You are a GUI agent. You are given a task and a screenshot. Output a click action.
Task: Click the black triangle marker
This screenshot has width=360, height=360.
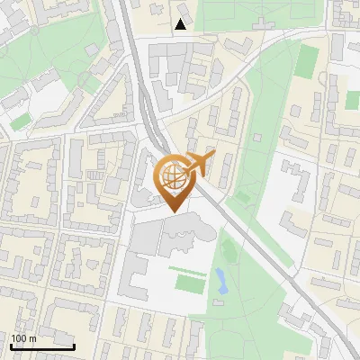pyautogui.click(x=181, y=24)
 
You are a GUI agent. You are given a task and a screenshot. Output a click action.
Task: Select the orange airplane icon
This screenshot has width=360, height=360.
pyautogui.click(x=200, y=165)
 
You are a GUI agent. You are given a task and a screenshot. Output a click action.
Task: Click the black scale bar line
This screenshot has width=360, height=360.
pyautogui.click(x=42, y=346)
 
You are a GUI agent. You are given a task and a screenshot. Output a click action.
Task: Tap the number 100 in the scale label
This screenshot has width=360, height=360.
pyautogui.click(x=21, y=338)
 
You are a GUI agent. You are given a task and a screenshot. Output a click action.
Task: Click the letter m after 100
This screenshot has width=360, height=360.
pyautogui.click(x=33, y=338)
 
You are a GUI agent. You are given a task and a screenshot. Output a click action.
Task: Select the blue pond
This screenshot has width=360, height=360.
pyautogui.click(x=220, y=280)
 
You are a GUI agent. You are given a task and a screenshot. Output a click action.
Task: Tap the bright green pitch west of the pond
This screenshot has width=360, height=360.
pyautogui.click(x=188, y=283)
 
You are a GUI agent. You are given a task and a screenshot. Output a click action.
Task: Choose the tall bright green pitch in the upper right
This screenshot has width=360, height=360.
pyautogui.click(x=308, y=61)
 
